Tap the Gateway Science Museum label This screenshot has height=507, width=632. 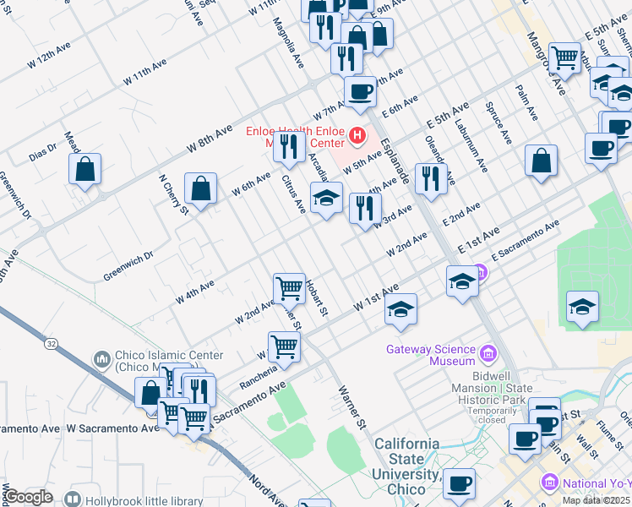click(431, 355)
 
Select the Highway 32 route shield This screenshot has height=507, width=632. click(52, 343)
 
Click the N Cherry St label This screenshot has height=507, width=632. click(173, 195)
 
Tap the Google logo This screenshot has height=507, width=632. click(28, 497)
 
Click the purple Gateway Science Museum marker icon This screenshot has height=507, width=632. click(488, 352)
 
